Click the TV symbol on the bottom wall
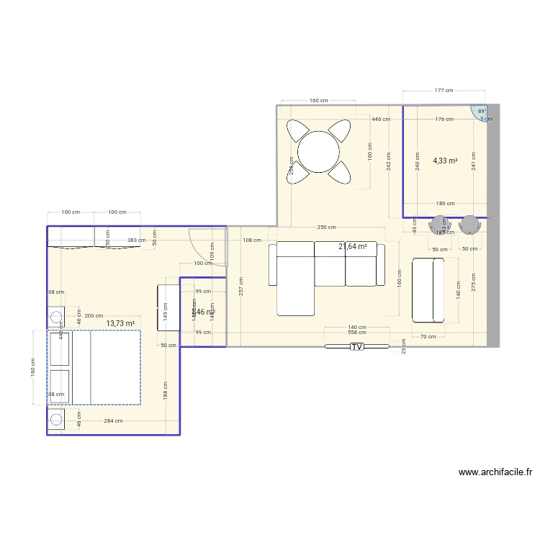click(356, 347)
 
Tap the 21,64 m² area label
click(353, 247)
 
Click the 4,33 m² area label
click(445, 161)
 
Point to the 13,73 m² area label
click(120, 324)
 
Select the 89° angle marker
click(481, 112)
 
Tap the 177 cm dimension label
click(444, 91)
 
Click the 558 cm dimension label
click(356, 333)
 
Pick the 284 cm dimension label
click(113, 421)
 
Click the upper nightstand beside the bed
click(56, 317)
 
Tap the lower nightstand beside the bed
click(56, 418)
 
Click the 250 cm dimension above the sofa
click(326, 228)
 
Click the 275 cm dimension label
click(473, 280)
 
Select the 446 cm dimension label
click(381, 120)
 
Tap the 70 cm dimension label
click(428, 336)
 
